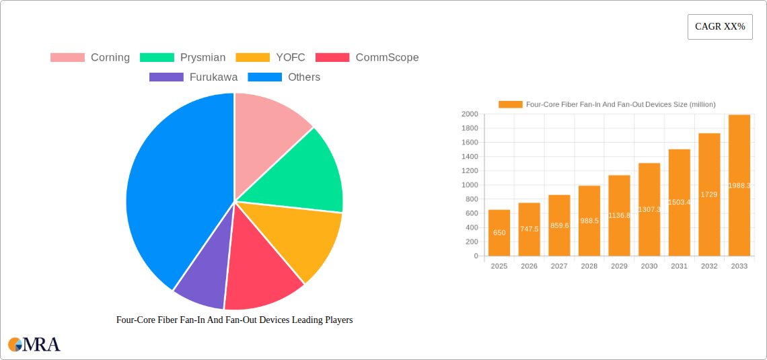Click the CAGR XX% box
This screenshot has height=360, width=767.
[719, 27]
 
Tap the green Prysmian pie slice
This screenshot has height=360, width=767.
[303, 175]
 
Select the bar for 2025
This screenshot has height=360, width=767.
[499, 233]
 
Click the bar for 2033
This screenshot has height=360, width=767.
[739, 185]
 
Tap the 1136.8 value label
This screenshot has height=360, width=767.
[619, 215]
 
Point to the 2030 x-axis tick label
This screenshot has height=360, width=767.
[649, 266]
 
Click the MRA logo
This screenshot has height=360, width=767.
[34, 345]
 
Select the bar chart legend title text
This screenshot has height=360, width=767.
[620, 104]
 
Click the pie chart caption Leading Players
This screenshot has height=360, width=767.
[234, 320]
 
